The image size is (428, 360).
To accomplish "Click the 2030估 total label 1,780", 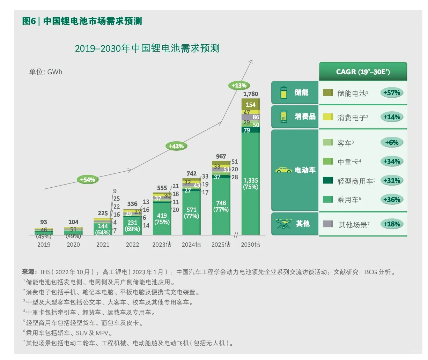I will pyautogui.click(x=251, y=94).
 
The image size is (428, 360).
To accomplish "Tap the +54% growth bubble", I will pyautogui.click(x=87, y=180).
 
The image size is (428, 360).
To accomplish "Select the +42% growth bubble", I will pyautogui.click(x=176, y=146).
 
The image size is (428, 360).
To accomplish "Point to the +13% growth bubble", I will pyautogui.click(x=239, y=85).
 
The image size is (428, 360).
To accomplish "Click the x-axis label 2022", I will pyautogui.click(x=132, y=245).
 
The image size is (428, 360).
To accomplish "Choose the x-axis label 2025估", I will pyautogui.click(x=221, y=245).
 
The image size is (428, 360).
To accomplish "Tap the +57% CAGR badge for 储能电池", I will pyautogui.click(x=392, y=93).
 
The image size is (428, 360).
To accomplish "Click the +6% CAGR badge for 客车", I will pyautogui.click(x=392, y=142).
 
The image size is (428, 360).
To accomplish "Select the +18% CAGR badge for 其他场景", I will pyautogui.click(x=392, y=224).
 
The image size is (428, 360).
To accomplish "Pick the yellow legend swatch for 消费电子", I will pyautogui.click(x=328, y=117).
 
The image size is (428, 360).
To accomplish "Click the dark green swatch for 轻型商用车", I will pyautogui.click(x=328, y=180).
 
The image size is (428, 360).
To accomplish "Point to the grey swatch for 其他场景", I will pyautogui.click(x=328, y=224).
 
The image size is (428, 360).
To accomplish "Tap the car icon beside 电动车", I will pyautogui.click(x=283, y=170).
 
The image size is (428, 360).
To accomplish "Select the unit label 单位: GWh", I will pyautogui.click(x=46, y=72).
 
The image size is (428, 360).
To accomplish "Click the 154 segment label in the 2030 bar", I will pyautogui.click(x=251, y=105).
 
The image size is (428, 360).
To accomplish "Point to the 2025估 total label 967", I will pyautogui.click(x=221, y=156).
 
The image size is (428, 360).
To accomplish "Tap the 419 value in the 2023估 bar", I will pyautogui.click(x=162, y=216).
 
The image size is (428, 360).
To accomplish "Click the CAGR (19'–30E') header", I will pyautogui.click(x=363, y=72).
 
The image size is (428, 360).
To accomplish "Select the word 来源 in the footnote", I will pyautogui.click(x=29, y=272).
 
